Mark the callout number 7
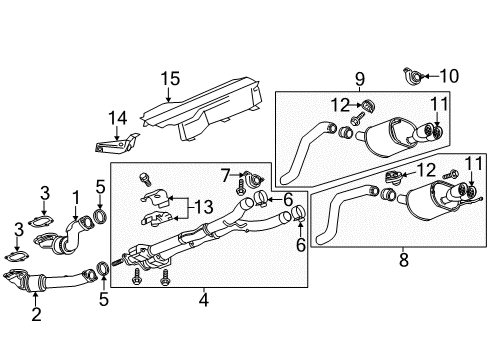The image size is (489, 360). tap(226, 176)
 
